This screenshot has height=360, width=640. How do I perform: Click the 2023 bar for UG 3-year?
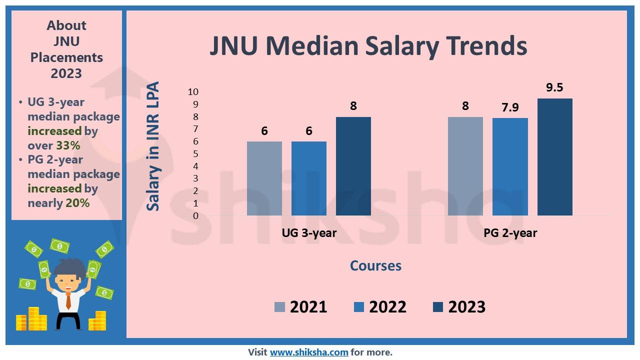click(x=353, y=166)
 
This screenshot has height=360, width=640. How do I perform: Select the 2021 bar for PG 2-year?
click(x=465, y=166)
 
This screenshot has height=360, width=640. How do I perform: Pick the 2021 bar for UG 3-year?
click(x=264, y=178)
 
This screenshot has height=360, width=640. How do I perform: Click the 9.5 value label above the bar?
click(x=554, y=87)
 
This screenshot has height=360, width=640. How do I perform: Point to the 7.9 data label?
click(x=510, y=107)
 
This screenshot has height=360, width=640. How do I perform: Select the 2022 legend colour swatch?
click(x=358, y=307)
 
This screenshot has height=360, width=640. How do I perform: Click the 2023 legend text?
click(x=466, y=306)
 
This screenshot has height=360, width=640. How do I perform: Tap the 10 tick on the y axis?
click(x=193, y=92)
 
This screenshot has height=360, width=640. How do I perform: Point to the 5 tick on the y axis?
click(x=195, y=154)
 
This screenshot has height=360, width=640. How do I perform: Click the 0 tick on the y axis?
click(x=195, y=216)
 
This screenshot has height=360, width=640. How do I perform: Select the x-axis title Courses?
click(x=375, y=265)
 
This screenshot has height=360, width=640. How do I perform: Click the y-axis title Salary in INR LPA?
click(x=153, y=146)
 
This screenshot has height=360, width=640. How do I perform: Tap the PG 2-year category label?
click(x=510, y=233)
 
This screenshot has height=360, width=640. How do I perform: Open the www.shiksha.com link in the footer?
click(x=309, y=352)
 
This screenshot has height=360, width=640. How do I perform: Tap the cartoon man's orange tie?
click(x=68, y=300)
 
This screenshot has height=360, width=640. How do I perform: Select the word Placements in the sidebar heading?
click(x=66, y=57)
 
